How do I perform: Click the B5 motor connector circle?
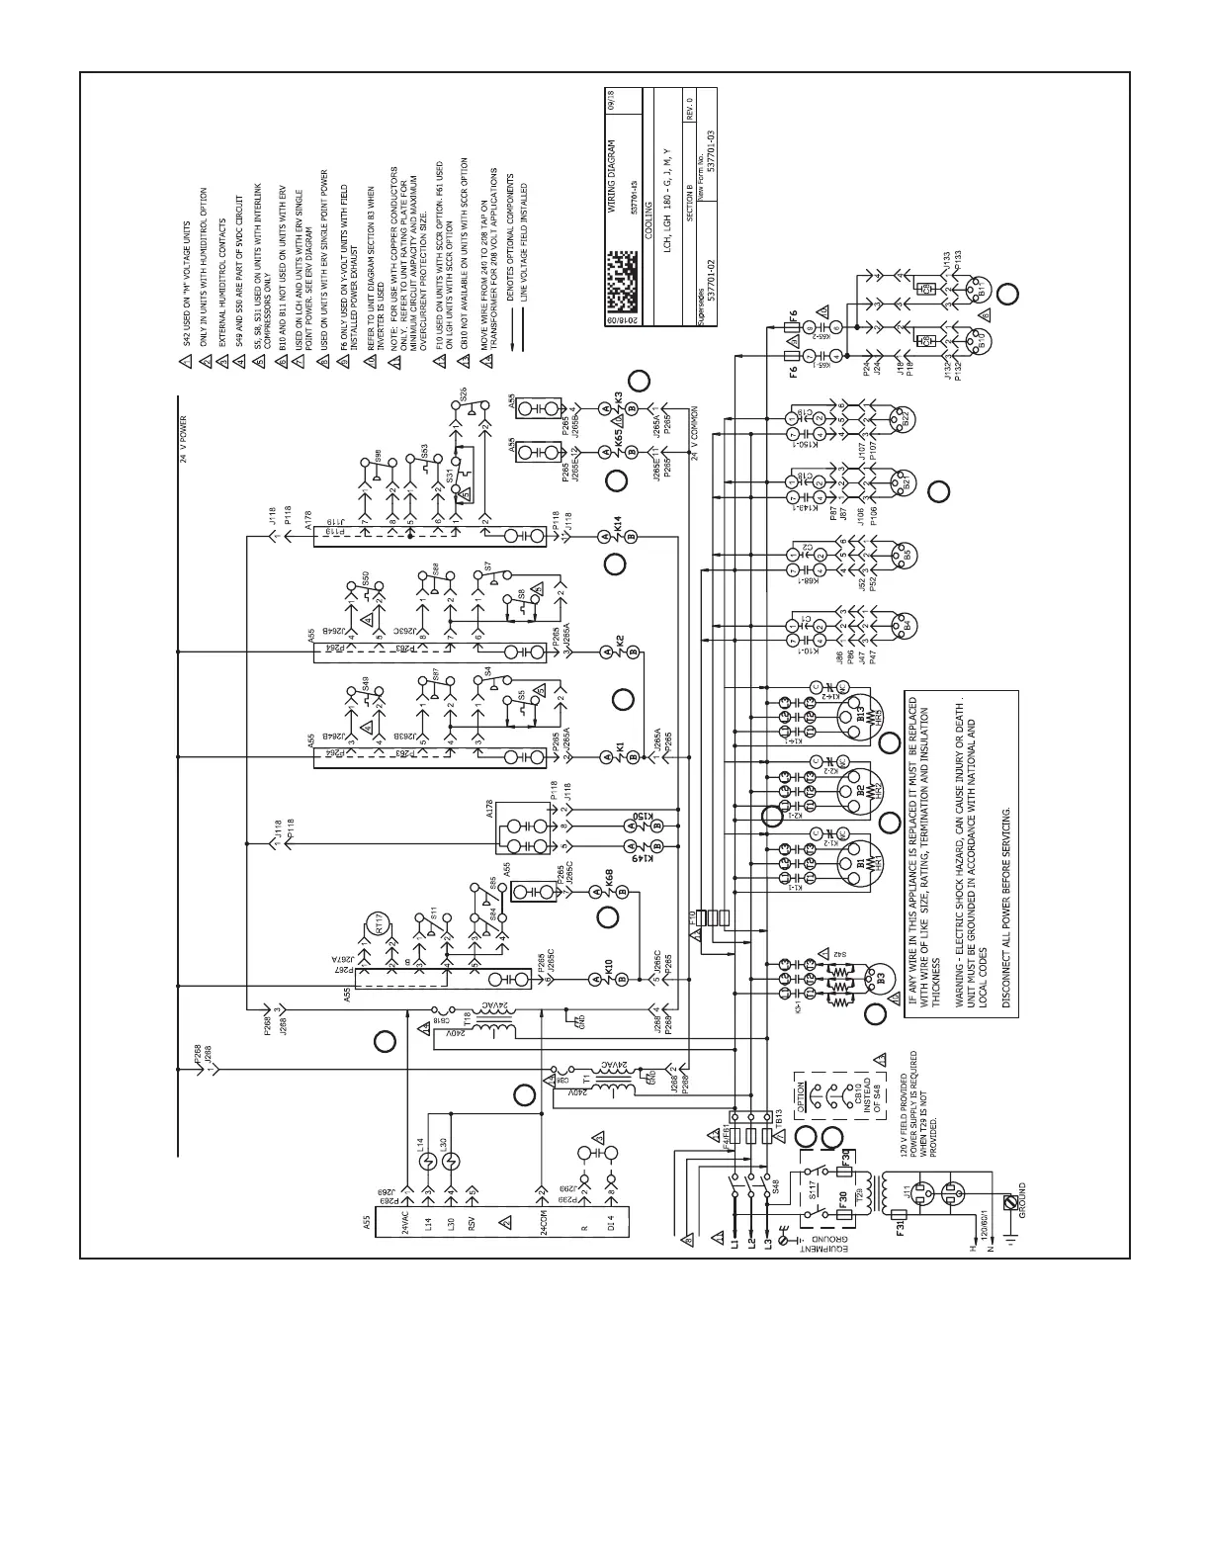[x=903, y=554]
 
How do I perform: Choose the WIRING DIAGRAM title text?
[x=612, y=170]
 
